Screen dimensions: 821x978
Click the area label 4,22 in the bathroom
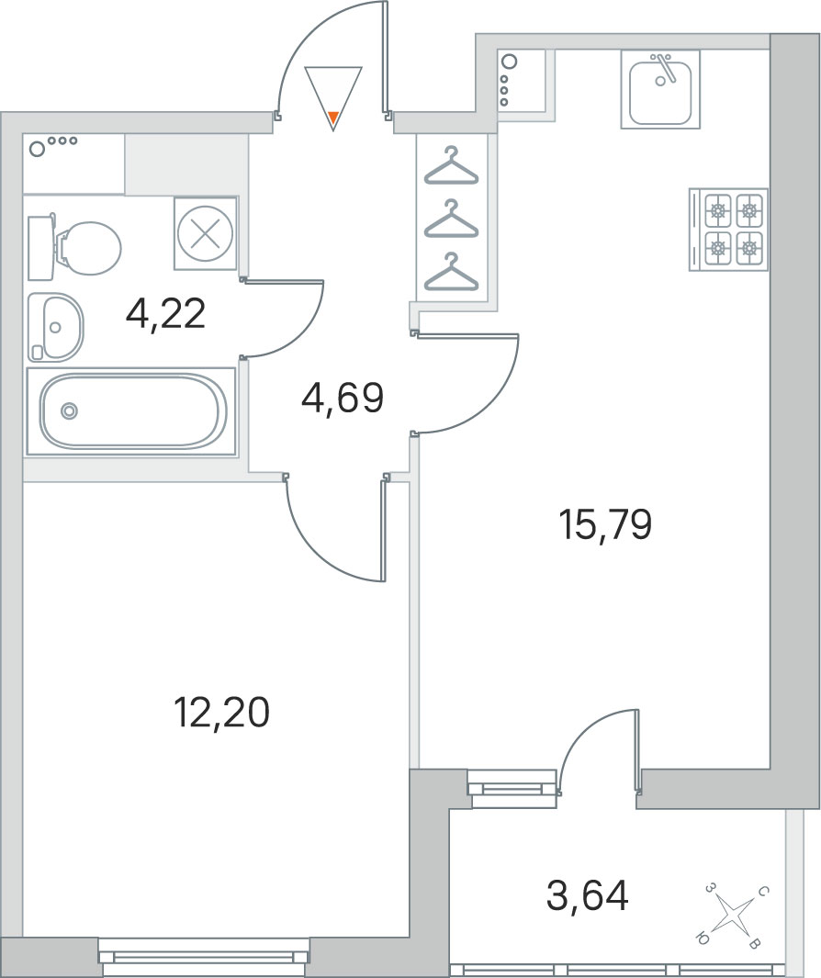(165, 314)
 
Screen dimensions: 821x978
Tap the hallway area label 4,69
(342, 398)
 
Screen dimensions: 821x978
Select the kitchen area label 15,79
(605, 524)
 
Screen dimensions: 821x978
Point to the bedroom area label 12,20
(222, 713)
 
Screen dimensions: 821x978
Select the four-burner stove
(728, 230)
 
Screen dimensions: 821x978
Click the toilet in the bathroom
(74, 248)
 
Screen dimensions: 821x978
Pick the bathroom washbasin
(55, 328)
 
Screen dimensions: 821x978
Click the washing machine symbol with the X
(206, 234)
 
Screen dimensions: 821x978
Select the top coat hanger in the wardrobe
(451, 166)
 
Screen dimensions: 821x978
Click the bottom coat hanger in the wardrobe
(451, 272)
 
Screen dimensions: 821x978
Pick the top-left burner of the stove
(718, 211)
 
